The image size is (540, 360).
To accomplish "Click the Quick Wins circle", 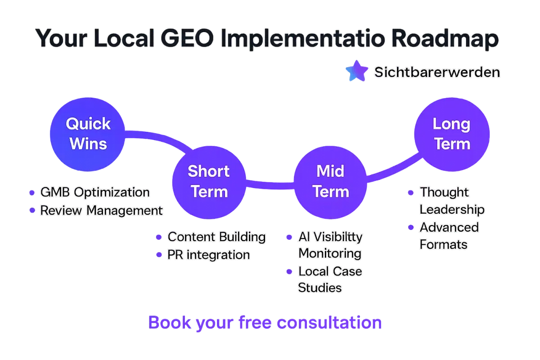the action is click(87, 134).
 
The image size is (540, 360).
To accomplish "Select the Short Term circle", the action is click(209, 182).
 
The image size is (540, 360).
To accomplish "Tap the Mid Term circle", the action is click(330, 182).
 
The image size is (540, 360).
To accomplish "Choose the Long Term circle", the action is click(452, 134).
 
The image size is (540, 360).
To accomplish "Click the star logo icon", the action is click(357, 71).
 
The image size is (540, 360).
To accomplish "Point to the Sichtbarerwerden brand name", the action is click(437, 72).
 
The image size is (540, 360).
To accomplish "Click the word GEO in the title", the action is click(187, 38).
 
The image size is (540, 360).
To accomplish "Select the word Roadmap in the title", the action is click(445, 39).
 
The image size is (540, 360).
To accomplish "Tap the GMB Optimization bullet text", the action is click(95, 192).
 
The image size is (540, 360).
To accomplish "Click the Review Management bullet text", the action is click(102, 210).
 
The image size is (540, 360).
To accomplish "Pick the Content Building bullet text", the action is click(217, 237).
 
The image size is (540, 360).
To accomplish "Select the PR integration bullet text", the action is click(209, 255).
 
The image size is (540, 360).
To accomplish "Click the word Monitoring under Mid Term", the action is click(330, 254).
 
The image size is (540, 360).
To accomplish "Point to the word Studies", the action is click(320, 288).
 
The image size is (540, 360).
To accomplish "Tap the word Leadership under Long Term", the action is click(452, 210).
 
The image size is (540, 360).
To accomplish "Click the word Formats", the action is click(444, 244).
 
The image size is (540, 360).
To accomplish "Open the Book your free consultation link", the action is click(265, 323).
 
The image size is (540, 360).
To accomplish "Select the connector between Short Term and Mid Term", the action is click(270, 185).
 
